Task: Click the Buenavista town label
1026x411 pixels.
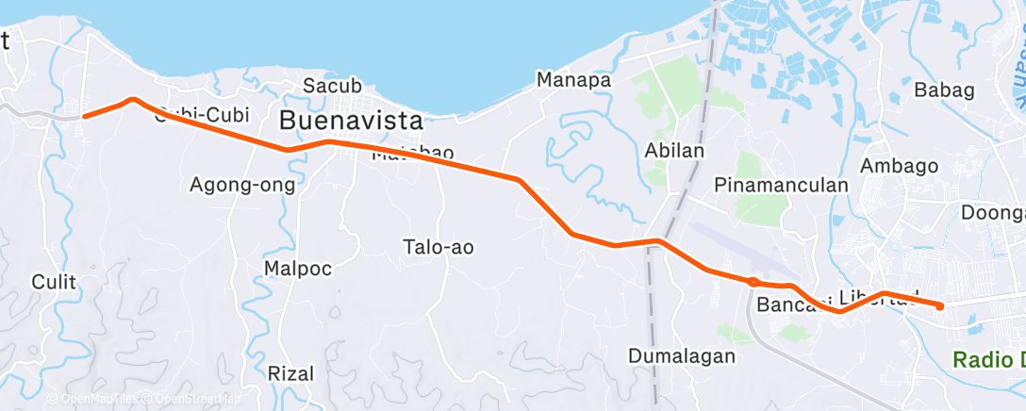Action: coord(350,121)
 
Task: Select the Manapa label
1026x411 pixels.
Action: coord(573,80)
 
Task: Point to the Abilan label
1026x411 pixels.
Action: coord(675,151)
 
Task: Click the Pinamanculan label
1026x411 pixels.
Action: coord(782,185)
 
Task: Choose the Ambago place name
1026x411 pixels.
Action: coord(900,165)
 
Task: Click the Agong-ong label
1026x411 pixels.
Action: coord(242,185)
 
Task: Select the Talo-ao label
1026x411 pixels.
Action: coord(438,247)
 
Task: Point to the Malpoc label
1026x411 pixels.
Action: coord(297,269)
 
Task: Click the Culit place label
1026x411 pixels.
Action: coord(53,281)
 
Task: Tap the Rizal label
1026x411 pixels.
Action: coord(290,372)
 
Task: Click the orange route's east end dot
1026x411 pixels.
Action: coord(939,305)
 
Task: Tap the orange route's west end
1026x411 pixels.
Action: coord(85,116)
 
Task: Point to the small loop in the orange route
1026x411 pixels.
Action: coord(753,281)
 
